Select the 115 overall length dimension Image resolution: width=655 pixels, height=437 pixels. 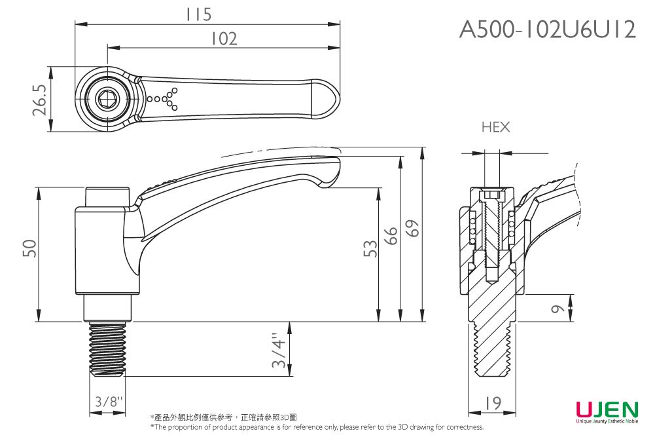pos(198,14)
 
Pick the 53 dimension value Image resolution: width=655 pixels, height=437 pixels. pos(370,248)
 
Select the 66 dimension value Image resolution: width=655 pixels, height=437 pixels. pos(391,237)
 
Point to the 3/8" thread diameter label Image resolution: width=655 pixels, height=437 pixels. pos(107,401)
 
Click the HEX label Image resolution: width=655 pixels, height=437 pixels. pos(495,128)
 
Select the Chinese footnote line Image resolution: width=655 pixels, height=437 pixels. pos(223,417)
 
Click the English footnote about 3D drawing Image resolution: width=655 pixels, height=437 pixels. pos(317,427)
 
